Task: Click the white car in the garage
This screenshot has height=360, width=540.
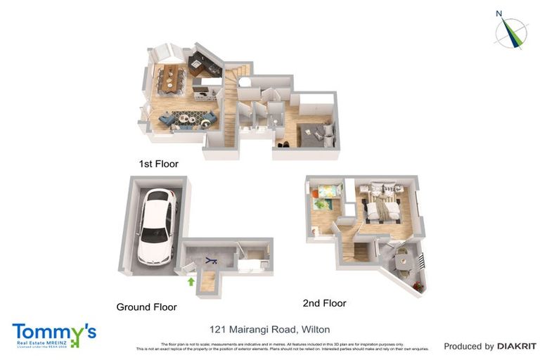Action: click(x=156, y=226)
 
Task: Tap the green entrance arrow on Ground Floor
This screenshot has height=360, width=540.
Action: click(x=190, y=281)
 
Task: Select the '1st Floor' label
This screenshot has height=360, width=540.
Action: click(x=158, y=164)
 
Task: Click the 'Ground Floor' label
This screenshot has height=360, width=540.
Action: click(x=146, y=307)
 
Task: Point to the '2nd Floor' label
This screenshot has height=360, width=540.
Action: click(x=324, y=303)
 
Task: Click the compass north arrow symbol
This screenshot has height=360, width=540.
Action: click(x=510, y=32)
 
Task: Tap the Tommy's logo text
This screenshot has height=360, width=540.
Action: click(x=53, y=332)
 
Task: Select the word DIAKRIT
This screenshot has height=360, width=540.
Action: click(x=517, y=346)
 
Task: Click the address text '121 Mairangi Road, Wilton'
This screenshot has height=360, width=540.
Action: click(x=270, y=329)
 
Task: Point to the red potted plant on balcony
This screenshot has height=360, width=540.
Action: click(x=418, y=285)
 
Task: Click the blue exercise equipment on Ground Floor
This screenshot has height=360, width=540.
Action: click(x=210, y=261)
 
